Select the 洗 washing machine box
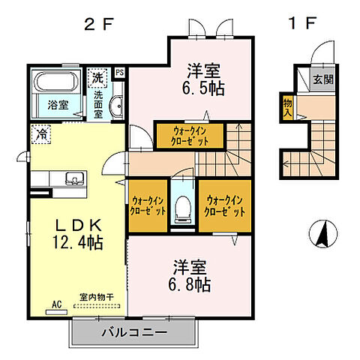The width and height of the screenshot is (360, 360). (98, 76)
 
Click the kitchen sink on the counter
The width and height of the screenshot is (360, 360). (73, 178)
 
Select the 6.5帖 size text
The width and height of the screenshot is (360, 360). (205, 88)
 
